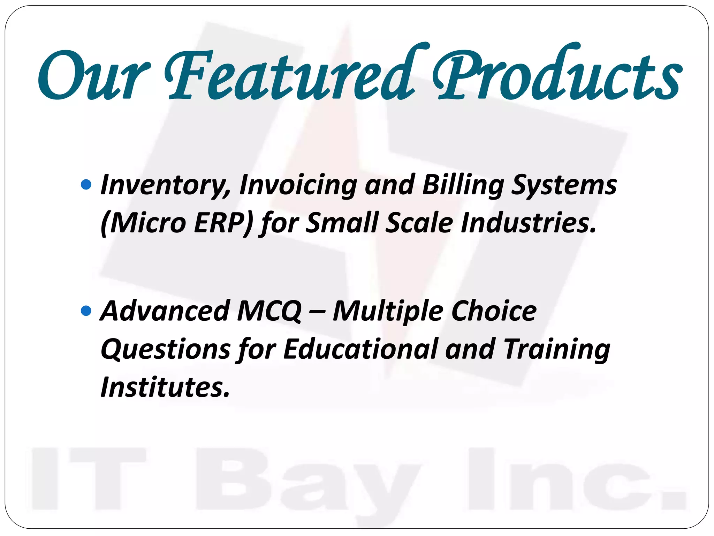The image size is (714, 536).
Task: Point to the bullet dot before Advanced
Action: [86, 310]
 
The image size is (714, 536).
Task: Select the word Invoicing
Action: [298, 185]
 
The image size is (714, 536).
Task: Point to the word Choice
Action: [494, 311]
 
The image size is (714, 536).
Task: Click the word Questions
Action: [166, 349]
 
